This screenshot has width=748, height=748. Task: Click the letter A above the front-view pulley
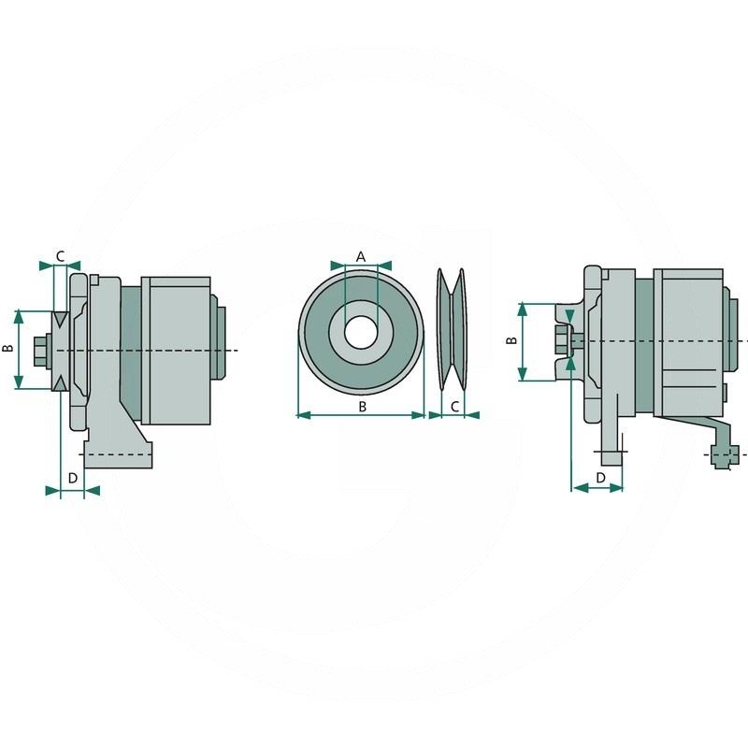[361, 255]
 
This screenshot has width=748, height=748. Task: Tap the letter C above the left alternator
[61, 255]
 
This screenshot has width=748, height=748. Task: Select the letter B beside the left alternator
[8, 348]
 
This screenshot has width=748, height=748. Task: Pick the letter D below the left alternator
[73, 478]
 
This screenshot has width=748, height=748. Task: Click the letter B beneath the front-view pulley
[362, 406]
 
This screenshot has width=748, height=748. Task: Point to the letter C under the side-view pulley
[454, 406]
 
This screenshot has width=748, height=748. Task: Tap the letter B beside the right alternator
[511, 340]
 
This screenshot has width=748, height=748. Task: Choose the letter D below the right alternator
[599, 478]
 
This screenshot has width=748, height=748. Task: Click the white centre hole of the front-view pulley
[361, 332]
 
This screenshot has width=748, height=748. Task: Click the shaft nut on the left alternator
[40, 351]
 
